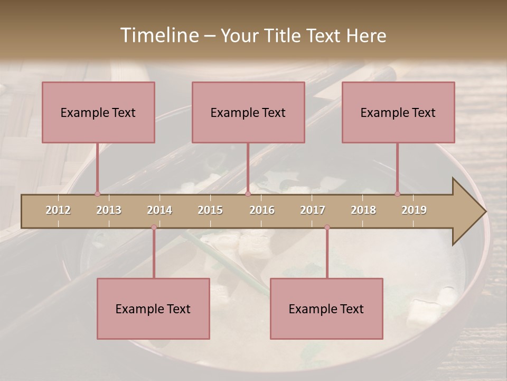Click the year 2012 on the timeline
coord(58,210)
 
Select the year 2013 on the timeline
coord(109,210)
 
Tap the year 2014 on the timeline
coord(159,210)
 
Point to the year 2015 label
coord(210,210)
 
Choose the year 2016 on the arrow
coord(262,210)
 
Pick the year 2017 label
coord(313,210)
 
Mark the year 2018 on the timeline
coord(363,210)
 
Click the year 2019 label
coord(414,210)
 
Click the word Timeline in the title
coord(159,35)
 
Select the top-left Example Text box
coord(98,112)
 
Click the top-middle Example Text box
coord(248,112)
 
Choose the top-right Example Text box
coord(398,112)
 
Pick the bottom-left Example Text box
coord(153,309)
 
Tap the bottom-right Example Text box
coord(326,309)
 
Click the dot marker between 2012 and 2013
coord(97,194)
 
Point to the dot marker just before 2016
coord(248,194)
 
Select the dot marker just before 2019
coord(397,194)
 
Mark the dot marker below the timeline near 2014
coord(154,227)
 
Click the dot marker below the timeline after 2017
coord(327,227)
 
